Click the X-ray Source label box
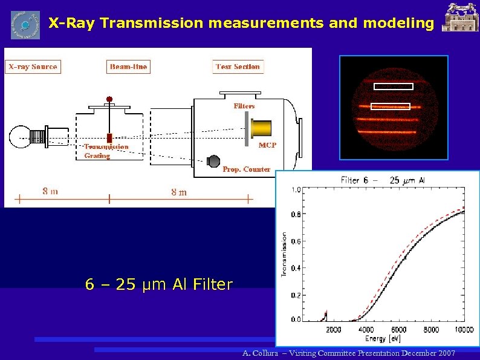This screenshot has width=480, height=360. point(33,67)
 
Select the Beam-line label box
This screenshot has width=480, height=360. point(128,67)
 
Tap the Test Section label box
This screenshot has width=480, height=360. point(238,67)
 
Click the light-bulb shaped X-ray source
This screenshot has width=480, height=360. point(19,138)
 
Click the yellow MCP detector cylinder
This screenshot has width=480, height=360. point(261,129)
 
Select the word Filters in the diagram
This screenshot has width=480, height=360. point(244,106)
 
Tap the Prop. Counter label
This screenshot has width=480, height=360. point(246,169)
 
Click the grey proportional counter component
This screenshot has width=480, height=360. point(213,161)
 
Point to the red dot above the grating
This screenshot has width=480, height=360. point(109,99)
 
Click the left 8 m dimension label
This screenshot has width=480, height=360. point(50,192)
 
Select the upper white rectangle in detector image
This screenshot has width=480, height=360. point(393,87)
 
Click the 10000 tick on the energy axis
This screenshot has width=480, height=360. point(463,330)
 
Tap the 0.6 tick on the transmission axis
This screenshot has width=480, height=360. point(296,241)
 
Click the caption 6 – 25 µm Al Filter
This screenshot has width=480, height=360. point(159,284)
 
